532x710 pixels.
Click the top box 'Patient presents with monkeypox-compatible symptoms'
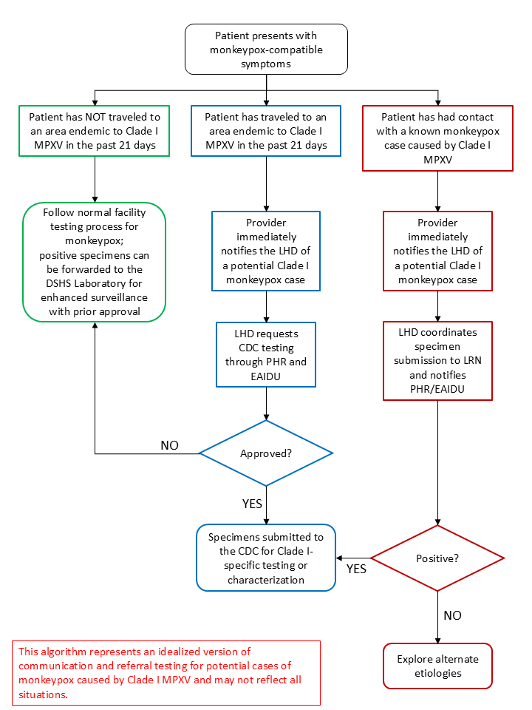pyautogui.click(x=266, y=49)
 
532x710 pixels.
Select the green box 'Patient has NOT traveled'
pyautogui.click(x=95, y=131)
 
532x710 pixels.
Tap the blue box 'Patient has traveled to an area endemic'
pyautogui.click(x=266, y=131)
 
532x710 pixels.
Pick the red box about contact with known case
pyautogui.click(x=437, y=138)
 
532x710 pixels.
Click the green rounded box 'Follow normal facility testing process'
pyautogui.click(x=95, y=262)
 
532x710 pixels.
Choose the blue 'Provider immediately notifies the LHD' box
pyautogui.click(x=266, y=251)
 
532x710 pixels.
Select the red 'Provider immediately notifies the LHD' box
pyautogui.click(x=437, y=251)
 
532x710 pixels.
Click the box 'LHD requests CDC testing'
pyautogui.click(x=266, y=354)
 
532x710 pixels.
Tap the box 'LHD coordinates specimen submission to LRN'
pyautogui.click(x=437, y=360)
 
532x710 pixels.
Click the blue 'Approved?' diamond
pyautogui.click(x=266, y=453)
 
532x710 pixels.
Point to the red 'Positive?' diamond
pyautogui.click(x=437, y=558)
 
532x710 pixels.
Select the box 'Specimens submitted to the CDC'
pyautogui.click(x=266, y=558)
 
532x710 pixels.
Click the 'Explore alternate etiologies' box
pyautogui.click(x=437, y=666)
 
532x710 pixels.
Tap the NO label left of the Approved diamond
pyautogui.click(x=171, y=445)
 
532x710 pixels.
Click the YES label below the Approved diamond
pyautogui.click(x=252, y=504)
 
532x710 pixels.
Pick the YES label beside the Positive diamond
pyautogui.click(x=356, y=569)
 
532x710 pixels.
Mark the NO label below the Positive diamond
pyautogui.click(x=452, y=615)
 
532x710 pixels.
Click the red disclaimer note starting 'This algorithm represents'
pyautogui.click(x=166, y=673)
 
